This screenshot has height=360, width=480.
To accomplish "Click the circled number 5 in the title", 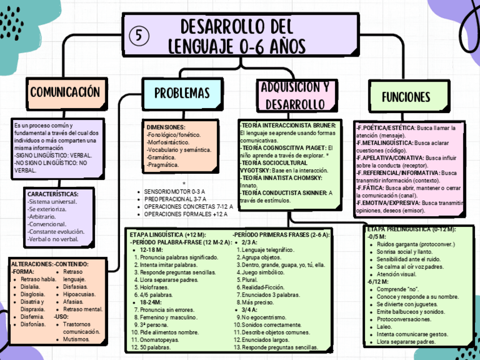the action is [x=139, y=36].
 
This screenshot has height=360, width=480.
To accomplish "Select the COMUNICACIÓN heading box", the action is [x=65, y=92].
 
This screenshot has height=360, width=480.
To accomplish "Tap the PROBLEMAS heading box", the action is [x=182, y=93].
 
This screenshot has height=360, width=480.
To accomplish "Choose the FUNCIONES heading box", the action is [x=406, y=96].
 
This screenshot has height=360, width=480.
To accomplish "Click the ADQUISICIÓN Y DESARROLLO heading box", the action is [x=294, y=96].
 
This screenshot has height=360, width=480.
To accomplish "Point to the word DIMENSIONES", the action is [x=166, y=127].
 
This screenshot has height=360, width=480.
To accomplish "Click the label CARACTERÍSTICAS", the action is [x=53, y=194].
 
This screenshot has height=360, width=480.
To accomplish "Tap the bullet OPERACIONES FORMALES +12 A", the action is [x=185, y=215].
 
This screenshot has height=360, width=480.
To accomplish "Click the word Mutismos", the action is [x=76, y=339].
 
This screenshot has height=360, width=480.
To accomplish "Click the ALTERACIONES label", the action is [x=32, y=264].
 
